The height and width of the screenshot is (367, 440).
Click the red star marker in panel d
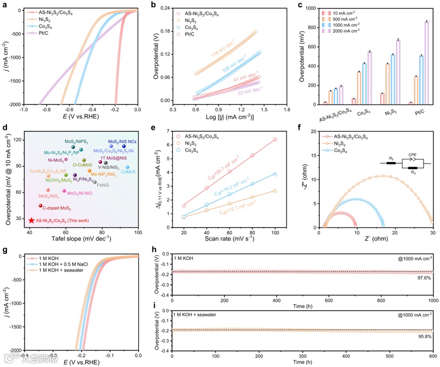[31, 220]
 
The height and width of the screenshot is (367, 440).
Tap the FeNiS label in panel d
[103, 185]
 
